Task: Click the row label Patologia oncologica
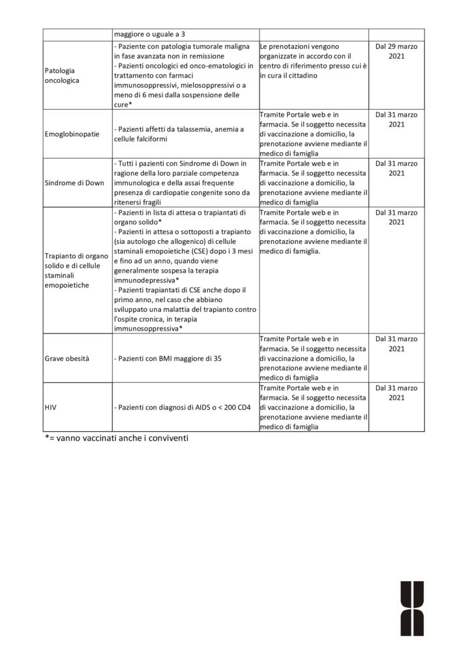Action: click(x=61, y=75)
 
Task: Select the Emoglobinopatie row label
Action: click(x=72, y=134)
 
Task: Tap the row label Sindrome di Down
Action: click(x=74, y=183)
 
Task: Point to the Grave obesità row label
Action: click(x=67, y=359)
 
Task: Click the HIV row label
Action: click(x=52, y=408)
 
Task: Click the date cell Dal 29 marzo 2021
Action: click(x=396, y=52)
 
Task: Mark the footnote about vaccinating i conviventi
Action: click(x=117, y=439)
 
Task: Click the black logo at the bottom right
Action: click(x=412, y=607)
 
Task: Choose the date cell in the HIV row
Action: click(x=396, y=393)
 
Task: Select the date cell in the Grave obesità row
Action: click(x=396, y=344)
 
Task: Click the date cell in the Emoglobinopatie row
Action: click(x=396, y=119)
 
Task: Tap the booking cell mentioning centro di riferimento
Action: click(x=312, y=61)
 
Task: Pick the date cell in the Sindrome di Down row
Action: click(x=396, y=168)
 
